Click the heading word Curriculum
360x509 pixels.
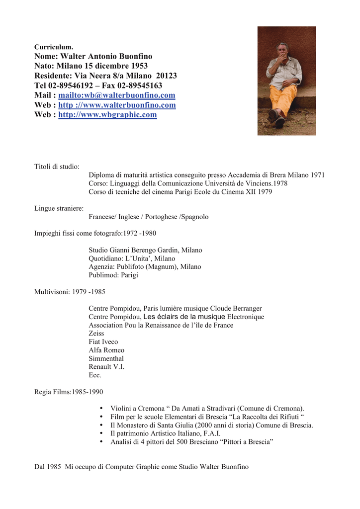[x=54, y=47]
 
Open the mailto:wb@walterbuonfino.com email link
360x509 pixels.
[x=117, y=95]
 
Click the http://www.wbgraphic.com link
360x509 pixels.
[x=107, y=115]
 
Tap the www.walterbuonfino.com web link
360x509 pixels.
[x=117, y=105]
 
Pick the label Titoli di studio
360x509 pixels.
[x=57, y=167]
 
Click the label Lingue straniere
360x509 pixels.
[x=59, y=208]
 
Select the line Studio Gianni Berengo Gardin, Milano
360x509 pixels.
[x=145, y=250]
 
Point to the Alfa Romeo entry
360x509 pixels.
[x=106, y=350]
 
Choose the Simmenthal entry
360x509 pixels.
[x=106, y=358]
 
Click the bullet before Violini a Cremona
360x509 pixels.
[x=101, y=408]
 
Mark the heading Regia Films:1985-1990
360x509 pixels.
[x=69, y=392]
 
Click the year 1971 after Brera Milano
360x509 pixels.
[x=318, y=175]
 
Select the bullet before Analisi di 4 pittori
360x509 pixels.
[x=101, y=441]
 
